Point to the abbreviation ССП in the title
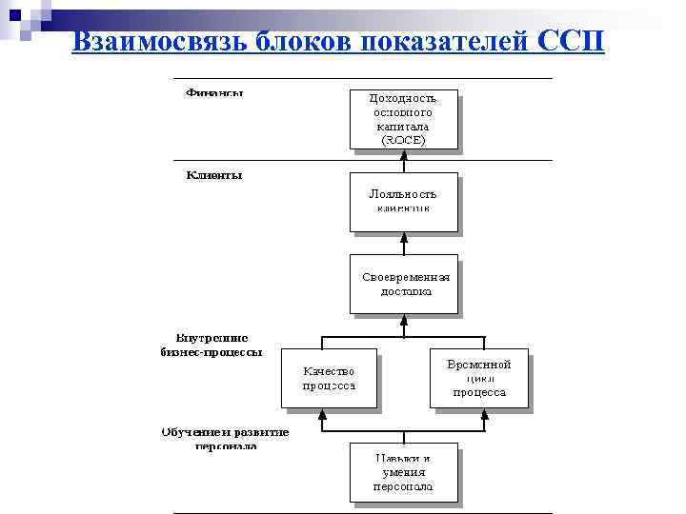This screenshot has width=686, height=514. click(570, 42)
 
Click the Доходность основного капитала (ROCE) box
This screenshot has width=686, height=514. click(403, 119)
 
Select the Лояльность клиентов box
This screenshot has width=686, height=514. click(403, 201)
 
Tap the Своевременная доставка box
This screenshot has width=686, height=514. click(403, 284)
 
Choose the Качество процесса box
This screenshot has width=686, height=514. click(329, 379)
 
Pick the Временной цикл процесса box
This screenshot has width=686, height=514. click(478, 378)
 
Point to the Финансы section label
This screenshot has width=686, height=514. click(214, 93)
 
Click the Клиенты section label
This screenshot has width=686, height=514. click(214, 175)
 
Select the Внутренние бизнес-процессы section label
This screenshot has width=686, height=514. click(211, 344)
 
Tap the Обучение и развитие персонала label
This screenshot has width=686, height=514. click(225, 439)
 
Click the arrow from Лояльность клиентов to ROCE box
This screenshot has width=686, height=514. click(404, 162)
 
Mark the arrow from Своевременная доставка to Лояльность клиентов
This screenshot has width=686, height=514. click(404, 244)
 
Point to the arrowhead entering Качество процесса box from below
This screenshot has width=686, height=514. click(323, 415)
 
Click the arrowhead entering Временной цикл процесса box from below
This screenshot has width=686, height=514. click(485, 415)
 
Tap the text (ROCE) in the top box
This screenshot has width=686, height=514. click(403, 139)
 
